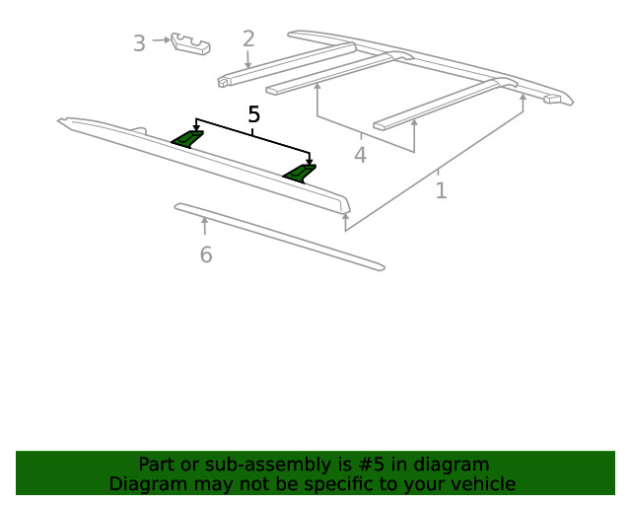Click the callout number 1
[441, 189]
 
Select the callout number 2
[248, 39]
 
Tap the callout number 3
[139, 43]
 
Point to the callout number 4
[360, 155]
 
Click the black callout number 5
[253, 115]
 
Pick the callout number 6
[205, 255]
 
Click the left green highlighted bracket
[186, 138]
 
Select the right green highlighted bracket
[300, 173]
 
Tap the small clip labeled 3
[191, 44]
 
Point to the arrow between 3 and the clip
[161, 40]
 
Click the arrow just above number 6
[205, 226]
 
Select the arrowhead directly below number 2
[248, 65]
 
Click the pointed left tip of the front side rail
[62, 121]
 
